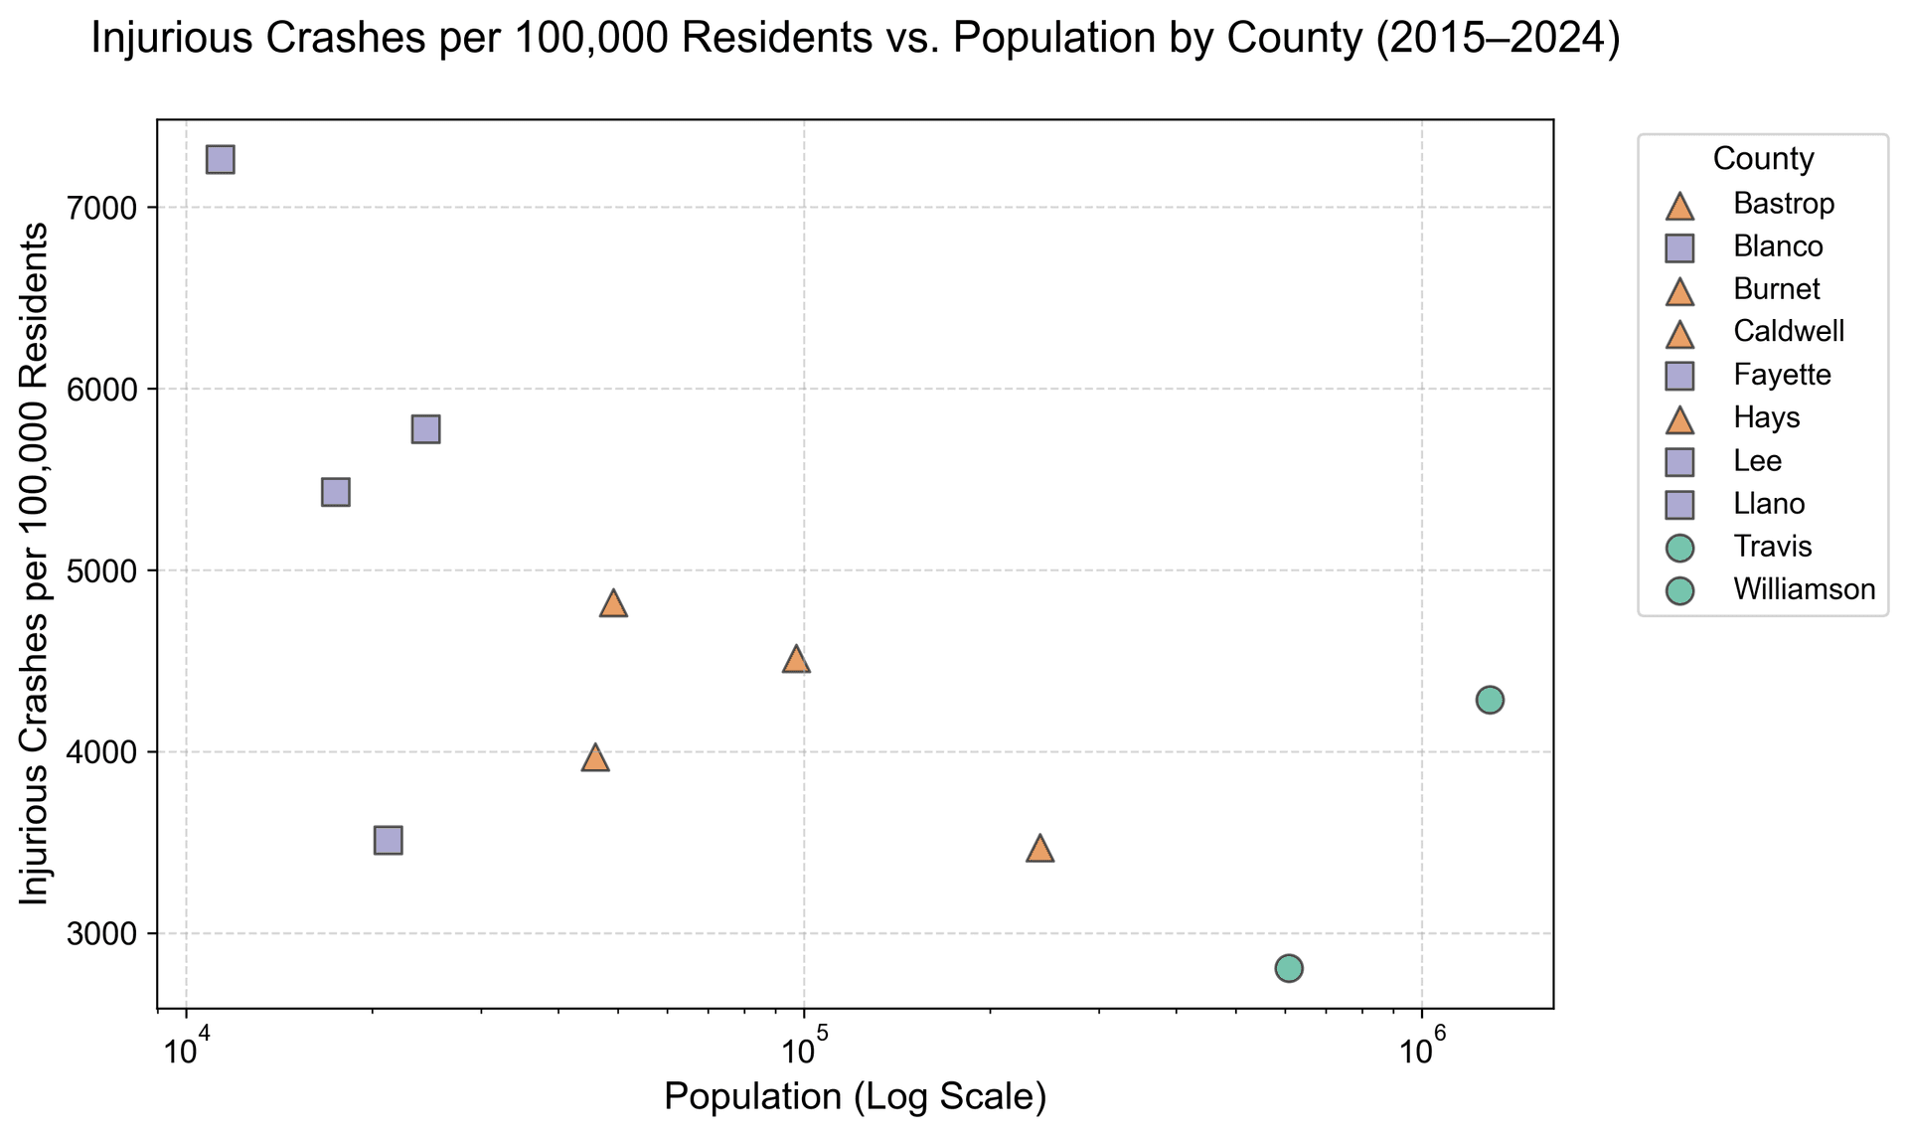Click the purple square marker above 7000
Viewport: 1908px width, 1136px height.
220,160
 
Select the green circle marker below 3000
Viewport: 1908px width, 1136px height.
1289,968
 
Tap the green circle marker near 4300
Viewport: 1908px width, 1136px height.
1490,700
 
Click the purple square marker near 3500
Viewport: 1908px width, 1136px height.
389,840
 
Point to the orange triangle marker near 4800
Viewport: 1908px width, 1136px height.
614,603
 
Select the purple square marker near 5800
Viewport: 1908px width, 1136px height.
425,429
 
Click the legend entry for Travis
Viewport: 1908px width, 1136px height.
1772,547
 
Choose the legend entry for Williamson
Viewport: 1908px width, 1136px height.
1804,589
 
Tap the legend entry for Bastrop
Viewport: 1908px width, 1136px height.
1783,204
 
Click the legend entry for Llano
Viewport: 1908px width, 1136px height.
1768,504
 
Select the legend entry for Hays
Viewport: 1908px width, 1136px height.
1766,417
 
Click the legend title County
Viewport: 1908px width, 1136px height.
1763,158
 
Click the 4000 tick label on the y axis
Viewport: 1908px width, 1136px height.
119,752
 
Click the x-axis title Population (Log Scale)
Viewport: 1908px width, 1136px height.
855,1096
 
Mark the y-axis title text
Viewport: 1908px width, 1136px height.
35,564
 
